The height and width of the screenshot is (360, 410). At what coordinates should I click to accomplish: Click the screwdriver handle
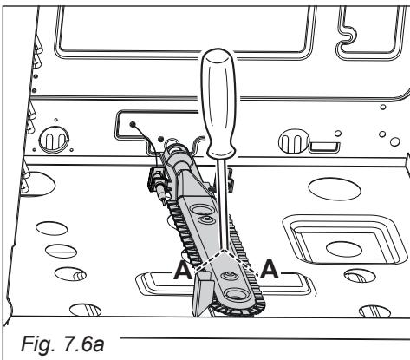pos(218,104)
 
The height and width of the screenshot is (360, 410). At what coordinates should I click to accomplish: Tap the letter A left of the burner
pos(182,270)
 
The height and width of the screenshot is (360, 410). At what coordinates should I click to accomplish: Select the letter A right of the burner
pos(270,269)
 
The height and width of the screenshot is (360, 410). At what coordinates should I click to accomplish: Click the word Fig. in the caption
pos(38,344)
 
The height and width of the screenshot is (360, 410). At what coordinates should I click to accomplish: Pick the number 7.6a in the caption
pos(83,344)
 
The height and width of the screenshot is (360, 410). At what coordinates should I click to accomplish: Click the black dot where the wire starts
pos(133,125)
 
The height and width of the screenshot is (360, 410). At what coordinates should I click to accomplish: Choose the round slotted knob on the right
pos(294,141)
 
